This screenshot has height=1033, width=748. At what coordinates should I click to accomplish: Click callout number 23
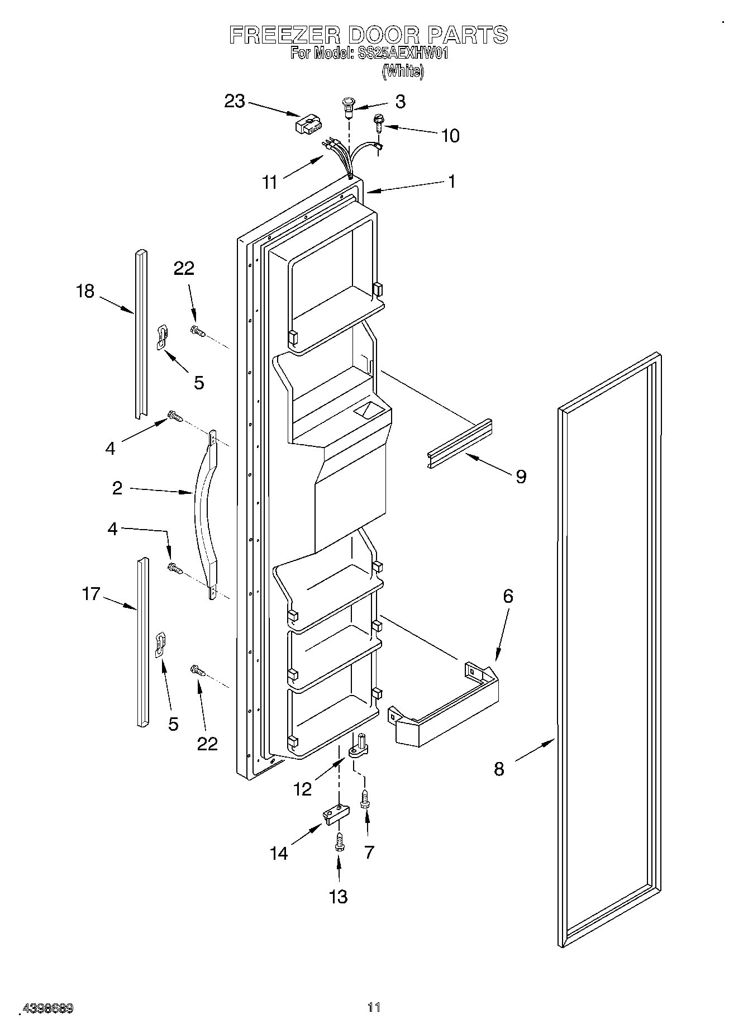click(235, 102)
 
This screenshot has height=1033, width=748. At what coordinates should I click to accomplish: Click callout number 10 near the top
click(450, 136)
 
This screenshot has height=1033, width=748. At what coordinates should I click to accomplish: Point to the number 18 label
click(85, 291)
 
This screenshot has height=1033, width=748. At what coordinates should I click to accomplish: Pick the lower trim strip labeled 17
click(143, 642)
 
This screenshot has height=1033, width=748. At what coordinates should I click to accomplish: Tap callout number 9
click(521, 477)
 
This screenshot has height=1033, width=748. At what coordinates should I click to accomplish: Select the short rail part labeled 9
click(459, 444)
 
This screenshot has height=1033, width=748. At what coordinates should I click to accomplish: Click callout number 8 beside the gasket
click(499, 769)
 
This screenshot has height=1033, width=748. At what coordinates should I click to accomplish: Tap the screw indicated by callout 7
click(365, 799)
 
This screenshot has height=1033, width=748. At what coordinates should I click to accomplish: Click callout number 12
click(302, 789)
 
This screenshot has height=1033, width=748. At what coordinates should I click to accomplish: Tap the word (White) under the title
click(402, 72)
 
